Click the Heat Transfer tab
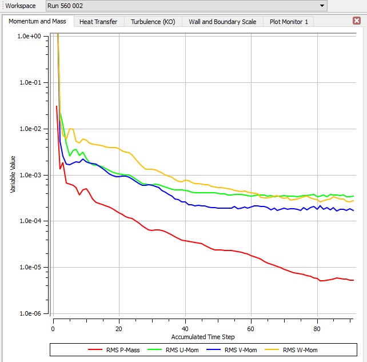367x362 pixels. point(98,22)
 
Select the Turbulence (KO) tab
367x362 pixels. point(153,22)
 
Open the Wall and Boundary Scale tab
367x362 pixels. point(222,22)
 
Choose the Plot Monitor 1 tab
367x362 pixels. point(289,22)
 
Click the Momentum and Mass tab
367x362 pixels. point(37,21)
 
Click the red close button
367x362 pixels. point(357,21)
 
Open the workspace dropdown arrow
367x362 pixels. point(323,6)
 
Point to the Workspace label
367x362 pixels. point(20,6)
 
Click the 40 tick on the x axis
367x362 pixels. point(185,329)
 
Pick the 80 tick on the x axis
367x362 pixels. point(317,329)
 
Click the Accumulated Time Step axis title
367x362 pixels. point(202,337)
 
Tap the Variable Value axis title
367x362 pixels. point(13,174)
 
